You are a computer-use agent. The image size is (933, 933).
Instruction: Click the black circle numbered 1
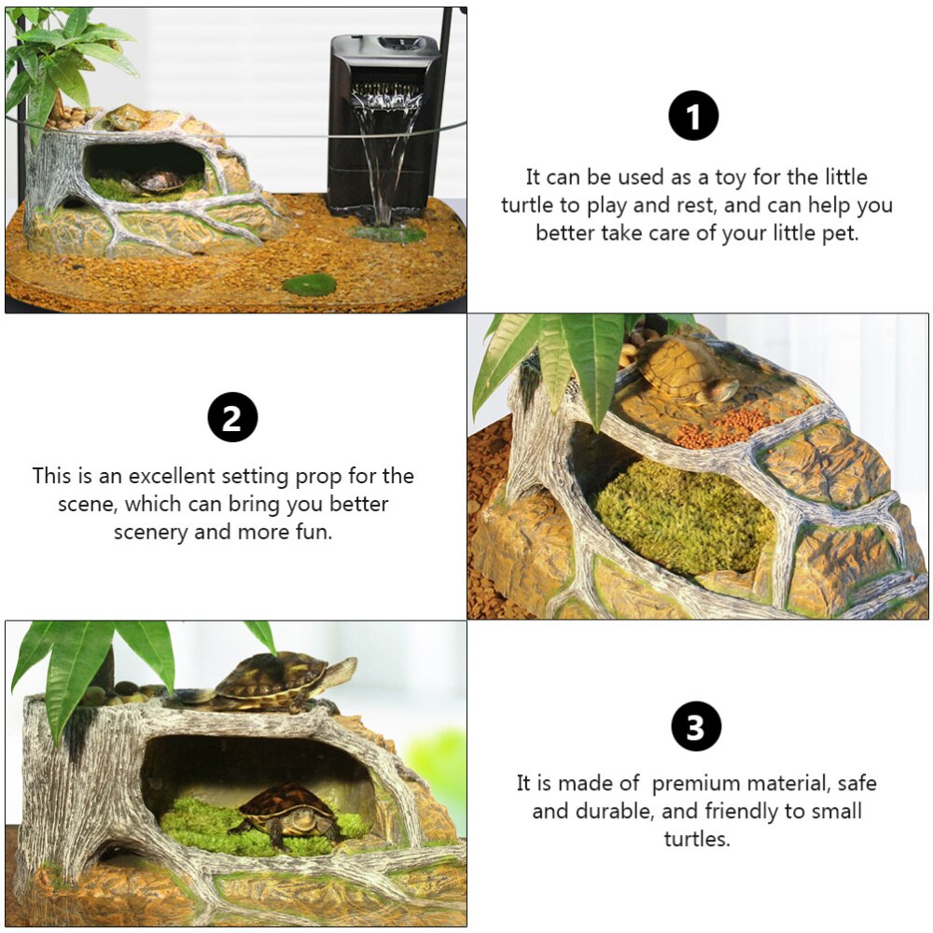[693, 116]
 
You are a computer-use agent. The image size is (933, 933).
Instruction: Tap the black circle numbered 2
[232, 417]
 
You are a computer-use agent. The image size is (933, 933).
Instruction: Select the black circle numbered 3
[696, 726]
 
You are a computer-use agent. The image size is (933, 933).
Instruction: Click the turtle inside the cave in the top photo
[157, 181]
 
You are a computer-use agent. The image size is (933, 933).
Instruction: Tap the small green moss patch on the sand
[309, 285]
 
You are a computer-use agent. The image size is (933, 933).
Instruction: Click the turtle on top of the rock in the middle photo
[688, 369]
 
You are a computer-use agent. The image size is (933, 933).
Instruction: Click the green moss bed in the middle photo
[683, 516]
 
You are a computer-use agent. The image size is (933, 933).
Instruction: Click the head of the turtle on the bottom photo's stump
[340, 670]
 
